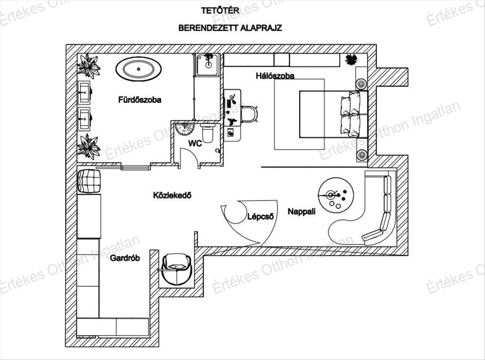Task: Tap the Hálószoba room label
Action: tap(275, 76)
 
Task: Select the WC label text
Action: tap(195, 143)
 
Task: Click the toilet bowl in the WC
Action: tap(208, 134)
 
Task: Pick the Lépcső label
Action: tap(261, 216)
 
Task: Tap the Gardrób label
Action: tap(124, 258)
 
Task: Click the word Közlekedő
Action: tap(172, 195)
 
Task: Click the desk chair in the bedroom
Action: tap(250, 114)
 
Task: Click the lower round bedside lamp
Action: tap(361, 154)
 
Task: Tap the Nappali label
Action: tap(302, 211)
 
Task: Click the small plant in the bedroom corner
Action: tap(351, 59)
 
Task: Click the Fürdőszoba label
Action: tap(140, 100)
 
